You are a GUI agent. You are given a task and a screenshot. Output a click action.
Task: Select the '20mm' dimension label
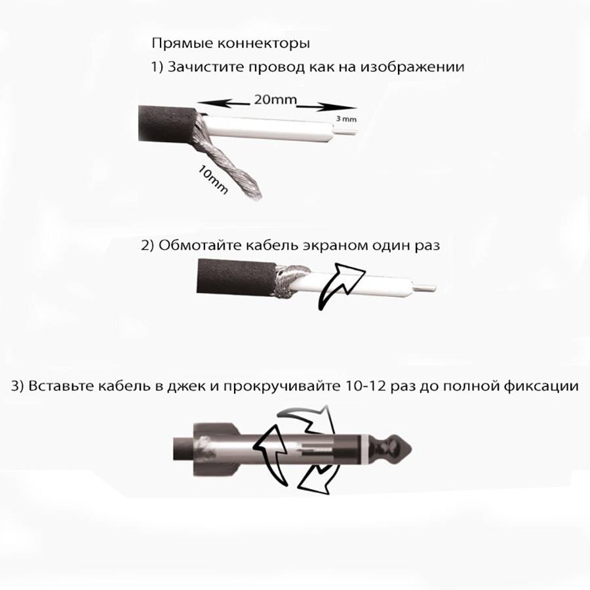(x=275, y=100)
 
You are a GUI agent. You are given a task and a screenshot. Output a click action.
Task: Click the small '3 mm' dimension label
(x=345, y=119)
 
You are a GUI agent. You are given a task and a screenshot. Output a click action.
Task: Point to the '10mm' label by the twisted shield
(x=213, y=180)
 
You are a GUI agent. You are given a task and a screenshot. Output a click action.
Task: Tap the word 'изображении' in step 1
(x=412, y=67)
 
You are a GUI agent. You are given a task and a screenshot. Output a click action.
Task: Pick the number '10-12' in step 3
(x=365, y=386)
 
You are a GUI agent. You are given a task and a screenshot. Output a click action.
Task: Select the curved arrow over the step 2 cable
(x=340, y=286)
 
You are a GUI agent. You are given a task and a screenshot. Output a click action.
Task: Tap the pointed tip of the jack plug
(x=411, y=449)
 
